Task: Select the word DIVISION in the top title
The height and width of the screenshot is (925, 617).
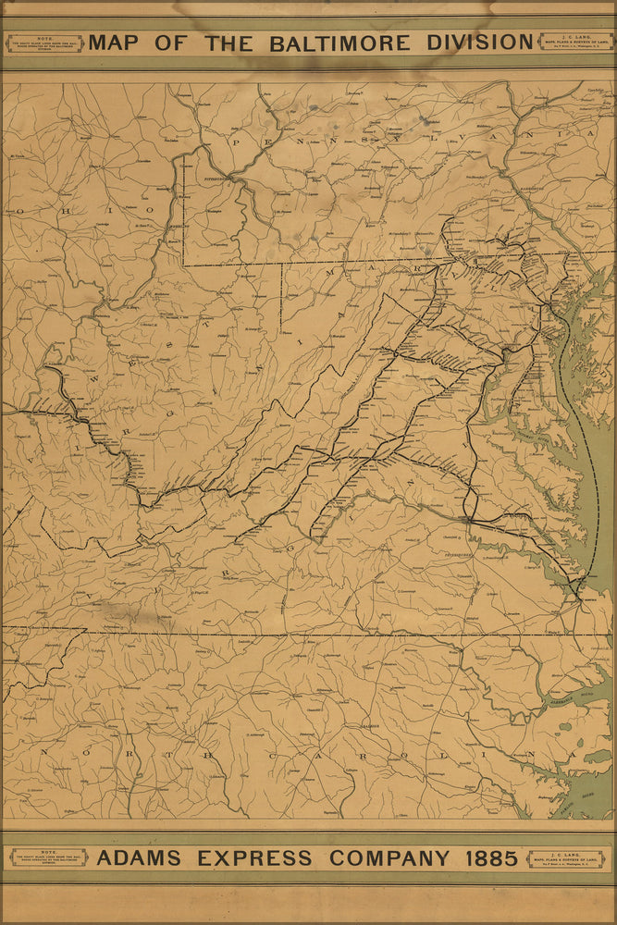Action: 479,43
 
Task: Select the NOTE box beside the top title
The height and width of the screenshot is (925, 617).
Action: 44,43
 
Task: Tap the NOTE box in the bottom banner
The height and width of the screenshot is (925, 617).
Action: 48,858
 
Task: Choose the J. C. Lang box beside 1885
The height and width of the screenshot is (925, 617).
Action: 565,858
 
